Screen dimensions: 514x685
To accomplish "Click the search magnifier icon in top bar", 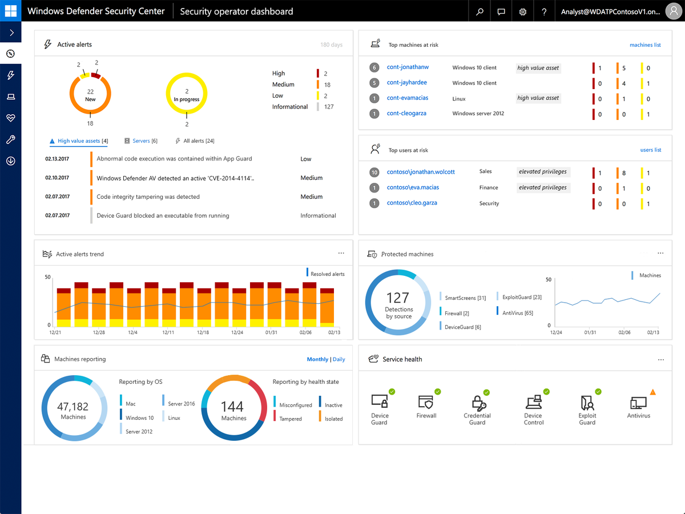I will tap(480, 11).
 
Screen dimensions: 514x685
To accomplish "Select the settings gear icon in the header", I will tap(523, 11).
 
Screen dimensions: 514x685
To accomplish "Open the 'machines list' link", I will tap(645, 45).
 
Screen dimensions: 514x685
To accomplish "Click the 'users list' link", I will tap(650, 150).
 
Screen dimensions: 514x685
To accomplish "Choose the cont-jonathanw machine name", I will tap(408, 67).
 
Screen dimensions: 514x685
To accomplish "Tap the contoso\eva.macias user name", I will tap(413, 187).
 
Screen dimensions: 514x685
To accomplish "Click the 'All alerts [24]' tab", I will tap(198, 140).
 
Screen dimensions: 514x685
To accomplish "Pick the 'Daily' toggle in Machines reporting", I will tap(339, 359).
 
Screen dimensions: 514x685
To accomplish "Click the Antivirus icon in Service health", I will tap(638, 403).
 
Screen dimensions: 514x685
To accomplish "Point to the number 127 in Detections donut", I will tap(397, 298).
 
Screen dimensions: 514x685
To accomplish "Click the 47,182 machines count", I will tap(73, 407).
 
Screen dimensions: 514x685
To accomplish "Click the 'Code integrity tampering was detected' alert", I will tap(148, 196).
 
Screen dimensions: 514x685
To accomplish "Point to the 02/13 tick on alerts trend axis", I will tap(334, 332).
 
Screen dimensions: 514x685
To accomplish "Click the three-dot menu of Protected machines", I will tap(660, 254).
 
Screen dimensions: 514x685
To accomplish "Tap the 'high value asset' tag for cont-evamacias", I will tap(538, 98).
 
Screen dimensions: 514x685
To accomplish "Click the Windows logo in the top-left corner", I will tap(11, 11).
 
